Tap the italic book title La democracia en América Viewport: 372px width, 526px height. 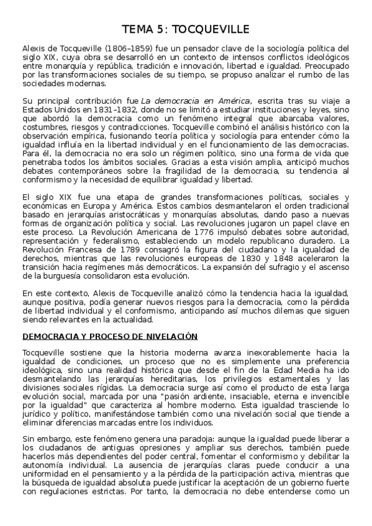(196, 101)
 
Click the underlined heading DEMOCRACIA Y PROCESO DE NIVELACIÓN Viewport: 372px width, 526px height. (110, 336)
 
